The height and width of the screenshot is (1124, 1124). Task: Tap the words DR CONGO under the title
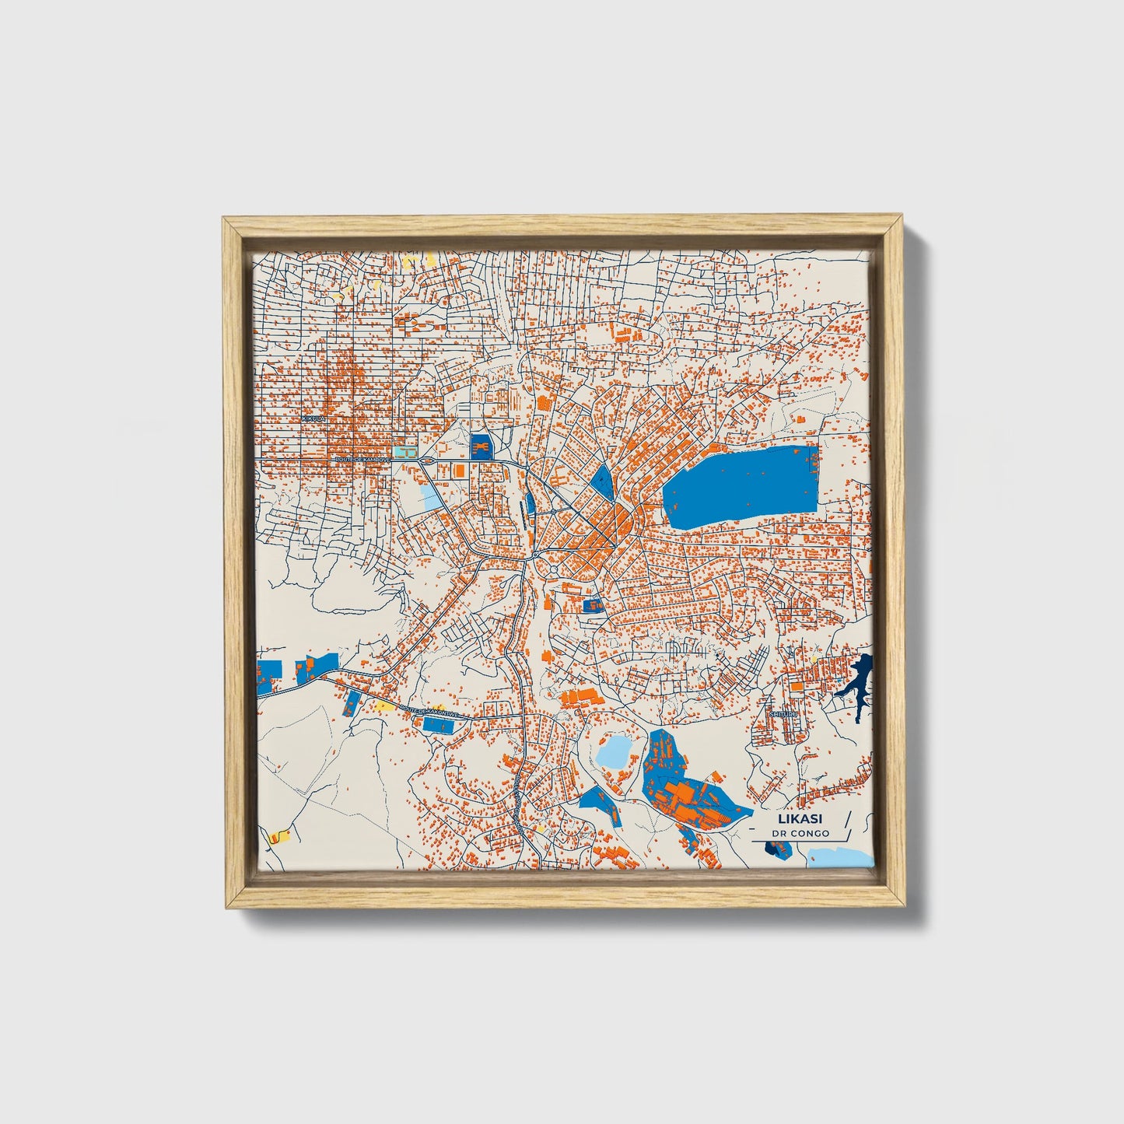[x=800, y=834]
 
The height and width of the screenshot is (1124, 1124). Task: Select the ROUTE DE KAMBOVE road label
[x=362, y=460]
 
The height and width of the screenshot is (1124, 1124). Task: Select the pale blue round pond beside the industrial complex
[x=615, y=751]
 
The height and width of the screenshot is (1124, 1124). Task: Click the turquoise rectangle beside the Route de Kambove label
[x=404, y=452]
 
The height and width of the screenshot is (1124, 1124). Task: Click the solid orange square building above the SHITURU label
[x=797, y=687]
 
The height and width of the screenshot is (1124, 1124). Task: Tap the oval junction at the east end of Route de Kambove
[x=425, y=463]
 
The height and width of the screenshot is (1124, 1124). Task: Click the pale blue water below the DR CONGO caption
[x=840, y=857]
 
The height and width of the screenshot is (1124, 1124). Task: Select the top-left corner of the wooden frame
[x=226, y=221]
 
